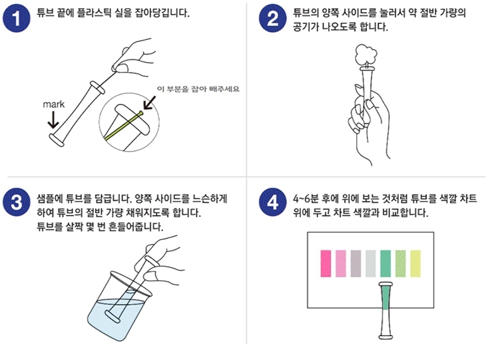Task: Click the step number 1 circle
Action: click(x=16, y=19)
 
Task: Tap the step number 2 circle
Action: click(x=272, y=19)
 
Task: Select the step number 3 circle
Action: click(x=16, y=202)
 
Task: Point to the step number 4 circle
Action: click(x=272, y=202)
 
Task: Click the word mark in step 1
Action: click(x=54, y=104)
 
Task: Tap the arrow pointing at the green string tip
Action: click(x=149, y=103)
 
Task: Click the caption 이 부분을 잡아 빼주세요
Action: click(x=198, y=89)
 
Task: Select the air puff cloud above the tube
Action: click(x=366, y=55)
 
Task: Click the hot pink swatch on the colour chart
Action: click(x=326, y=264)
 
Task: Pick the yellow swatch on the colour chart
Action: click(x=415, y=264)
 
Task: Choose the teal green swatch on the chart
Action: click(x=385, y=264)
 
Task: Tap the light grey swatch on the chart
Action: click(x=371, y=264)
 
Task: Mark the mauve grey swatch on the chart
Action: click(x=356, y=264)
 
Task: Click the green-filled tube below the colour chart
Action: click(x=385, y=310)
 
